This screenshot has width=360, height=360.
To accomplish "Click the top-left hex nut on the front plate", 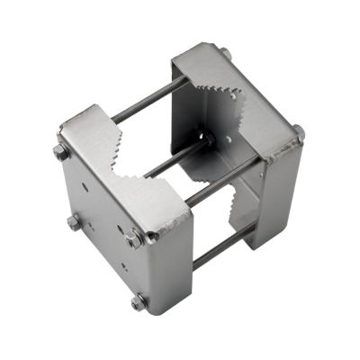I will (61, 152).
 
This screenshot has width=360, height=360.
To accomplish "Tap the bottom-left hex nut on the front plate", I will (74, 221).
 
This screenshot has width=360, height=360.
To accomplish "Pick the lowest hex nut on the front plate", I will (139, 302).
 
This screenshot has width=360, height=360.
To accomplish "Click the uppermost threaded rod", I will (148, 99).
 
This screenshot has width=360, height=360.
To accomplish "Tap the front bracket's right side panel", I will (175, 265).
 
